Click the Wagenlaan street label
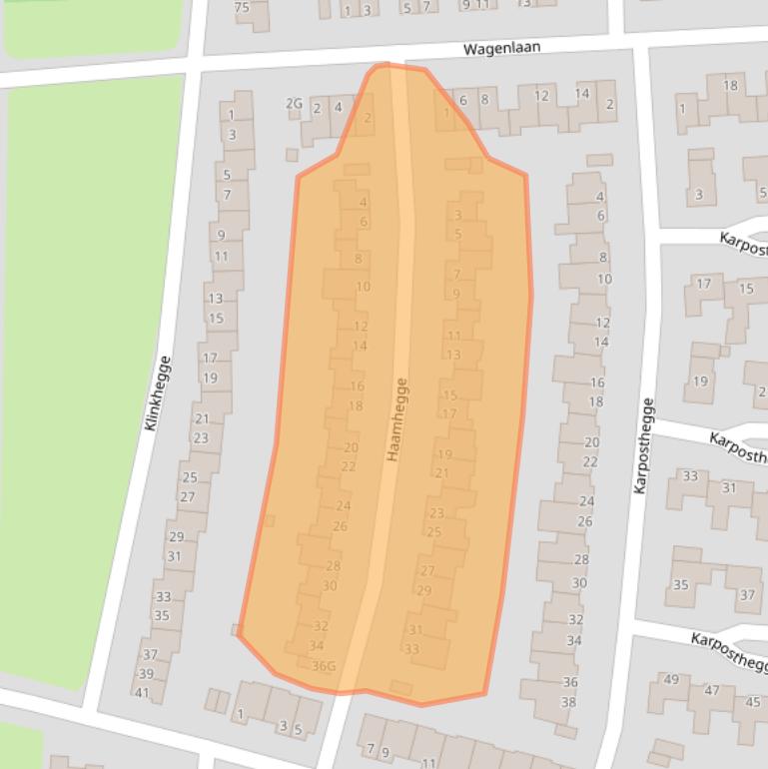point(502,48)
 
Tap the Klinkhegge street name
point(158,392)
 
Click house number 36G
point(323,666)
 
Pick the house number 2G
point(294,103)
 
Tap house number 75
point(242,7)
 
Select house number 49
point(671,680)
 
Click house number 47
point(712,690)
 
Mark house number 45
point(753,702)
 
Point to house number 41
point(142,693)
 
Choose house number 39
point(146,674)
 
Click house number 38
point(568,702)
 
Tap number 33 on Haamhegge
point(411,649)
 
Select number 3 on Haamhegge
point(458,215)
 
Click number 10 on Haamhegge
point(363,287)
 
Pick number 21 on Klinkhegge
point(202,419)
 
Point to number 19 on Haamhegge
point(444,454)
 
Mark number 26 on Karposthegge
point(585,521)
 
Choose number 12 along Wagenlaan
point(541,96)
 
